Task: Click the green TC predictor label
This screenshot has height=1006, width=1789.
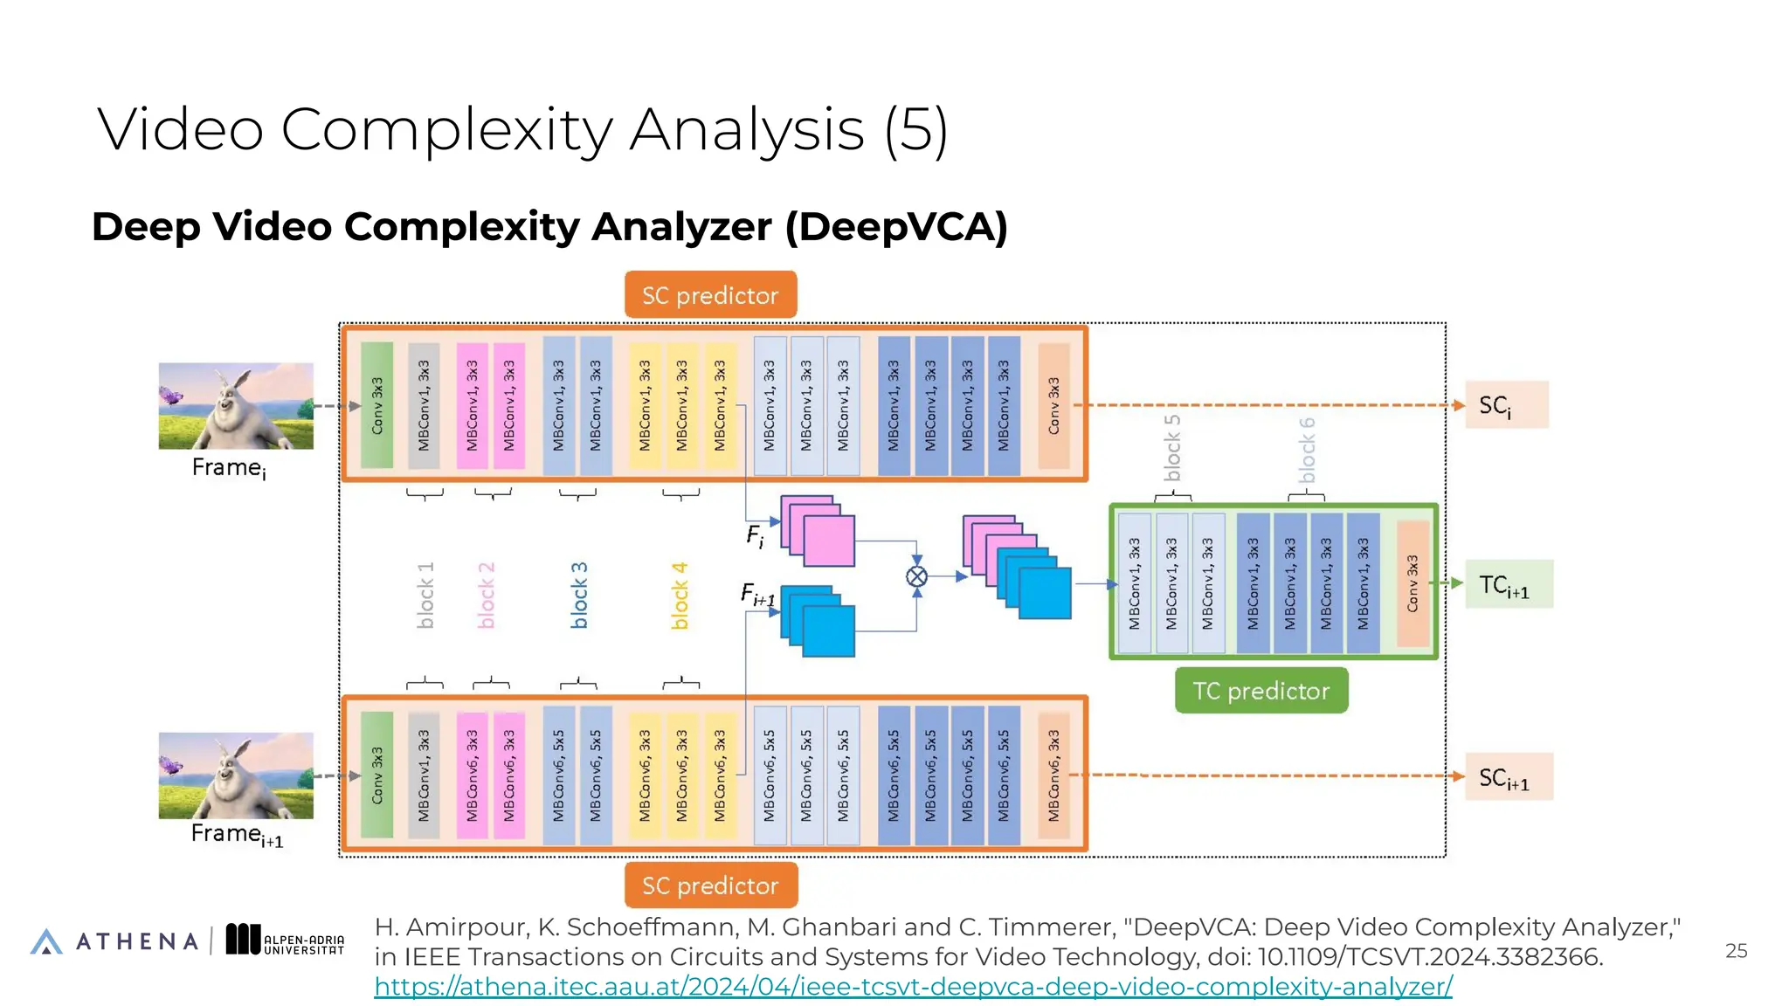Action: click(x=1261, y=691)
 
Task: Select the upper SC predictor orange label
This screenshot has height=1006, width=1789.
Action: click(x=710, y=295)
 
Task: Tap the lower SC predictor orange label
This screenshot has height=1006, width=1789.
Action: click(x=710, y=885)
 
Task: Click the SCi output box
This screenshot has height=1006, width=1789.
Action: click(x=1506, y=405)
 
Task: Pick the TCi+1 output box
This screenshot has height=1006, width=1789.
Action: click(x=1508, y=584)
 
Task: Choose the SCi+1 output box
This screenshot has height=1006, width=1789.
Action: click(x=1508, y=776)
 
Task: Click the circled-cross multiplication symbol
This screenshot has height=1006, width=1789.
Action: click(x=916, y=576)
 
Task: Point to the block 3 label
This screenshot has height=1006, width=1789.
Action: click(x=579, y=595)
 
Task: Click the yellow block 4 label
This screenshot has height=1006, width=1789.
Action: click(x=680, y=596)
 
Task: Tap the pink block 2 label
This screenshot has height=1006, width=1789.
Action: click(x=487, y=595)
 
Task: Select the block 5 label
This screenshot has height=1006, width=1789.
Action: click(x=1171, y=448)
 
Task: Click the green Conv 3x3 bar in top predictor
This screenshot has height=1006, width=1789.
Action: click(x=377, y=405)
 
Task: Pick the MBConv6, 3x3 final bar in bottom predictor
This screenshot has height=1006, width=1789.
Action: click(x=1053, y=775)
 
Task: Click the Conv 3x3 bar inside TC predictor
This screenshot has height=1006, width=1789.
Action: click(x=1413, y=583)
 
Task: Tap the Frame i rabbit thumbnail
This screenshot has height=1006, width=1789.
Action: click(x=236, y=406)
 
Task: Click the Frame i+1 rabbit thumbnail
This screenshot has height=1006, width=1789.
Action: click(x=236, y=775)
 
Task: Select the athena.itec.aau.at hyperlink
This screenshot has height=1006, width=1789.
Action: click(x=913, y=987)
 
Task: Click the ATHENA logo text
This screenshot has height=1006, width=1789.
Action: click(x=137, y=941)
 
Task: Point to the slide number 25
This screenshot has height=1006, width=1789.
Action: click(x=1736, y=951)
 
